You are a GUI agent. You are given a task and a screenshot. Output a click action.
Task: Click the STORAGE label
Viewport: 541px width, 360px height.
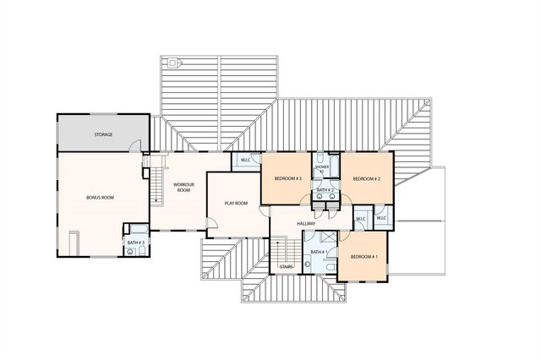(x=103, y=134)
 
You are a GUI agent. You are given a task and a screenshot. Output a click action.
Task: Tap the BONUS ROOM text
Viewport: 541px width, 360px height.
(x=100, y=197)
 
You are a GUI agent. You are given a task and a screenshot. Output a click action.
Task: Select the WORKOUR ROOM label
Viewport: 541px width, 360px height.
(x=184, y=187)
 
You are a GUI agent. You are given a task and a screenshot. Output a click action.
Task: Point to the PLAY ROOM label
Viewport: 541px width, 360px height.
(x=236, y=203)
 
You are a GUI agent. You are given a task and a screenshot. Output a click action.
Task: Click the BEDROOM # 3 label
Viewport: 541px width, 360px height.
(x=287, y=179)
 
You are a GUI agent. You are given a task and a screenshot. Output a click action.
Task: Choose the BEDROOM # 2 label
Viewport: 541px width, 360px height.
(x=367, y=179)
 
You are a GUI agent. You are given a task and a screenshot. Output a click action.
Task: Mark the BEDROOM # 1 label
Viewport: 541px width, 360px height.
(x=363, y=256)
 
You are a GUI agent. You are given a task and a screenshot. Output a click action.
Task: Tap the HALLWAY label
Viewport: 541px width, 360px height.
(x=306, y=223)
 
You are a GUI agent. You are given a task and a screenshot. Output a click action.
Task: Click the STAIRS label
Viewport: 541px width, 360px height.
(x=286, y=268)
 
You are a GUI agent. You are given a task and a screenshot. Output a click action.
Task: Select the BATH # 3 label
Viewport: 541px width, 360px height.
(x=136, y=243)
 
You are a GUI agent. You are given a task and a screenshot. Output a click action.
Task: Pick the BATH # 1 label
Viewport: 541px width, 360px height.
(x=318, y=252)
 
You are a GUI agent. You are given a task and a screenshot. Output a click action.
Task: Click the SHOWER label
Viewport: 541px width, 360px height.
(x=322, y=167)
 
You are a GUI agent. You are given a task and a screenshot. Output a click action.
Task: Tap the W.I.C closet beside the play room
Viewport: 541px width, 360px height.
(x=245, y=161)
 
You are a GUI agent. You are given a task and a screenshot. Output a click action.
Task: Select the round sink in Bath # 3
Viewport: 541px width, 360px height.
(x=131, y=251)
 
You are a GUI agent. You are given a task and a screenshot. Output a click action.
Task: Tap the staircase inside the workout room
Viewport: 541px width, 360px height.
(x=155, y=186)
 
